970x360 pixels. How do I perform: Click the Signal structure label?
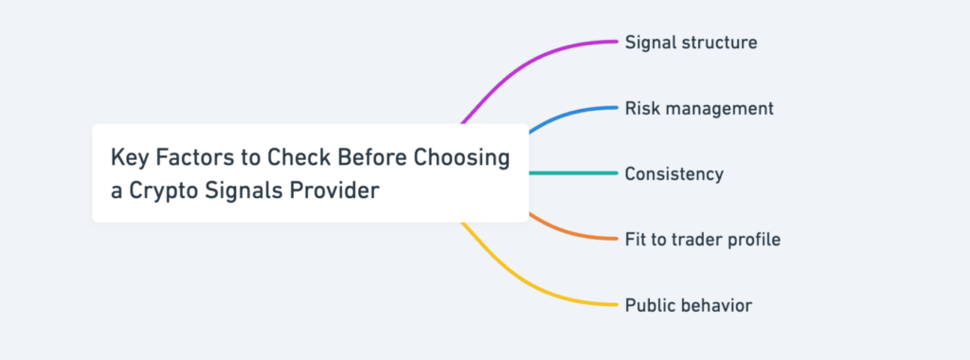click(x=691, y=43)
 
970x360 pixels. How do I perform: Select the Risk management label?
click(x=699, y=108)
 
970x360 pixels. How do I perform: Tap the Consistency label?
click(x=674, y=174)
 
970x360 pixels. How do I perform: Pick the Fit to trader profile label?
click(x=703, y=240)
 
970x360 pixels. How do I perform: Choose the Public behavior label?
click(x=689, y=305)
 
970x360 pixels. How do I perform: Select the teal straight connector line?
click(x=573, y=173)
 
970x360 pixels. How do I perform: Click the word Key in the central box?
click(x=128, y=156)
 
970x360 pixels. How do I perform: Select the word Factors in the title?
click(x=194, y=156)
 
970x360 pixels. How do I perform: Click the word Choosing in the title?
click(x=463, y=156)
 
